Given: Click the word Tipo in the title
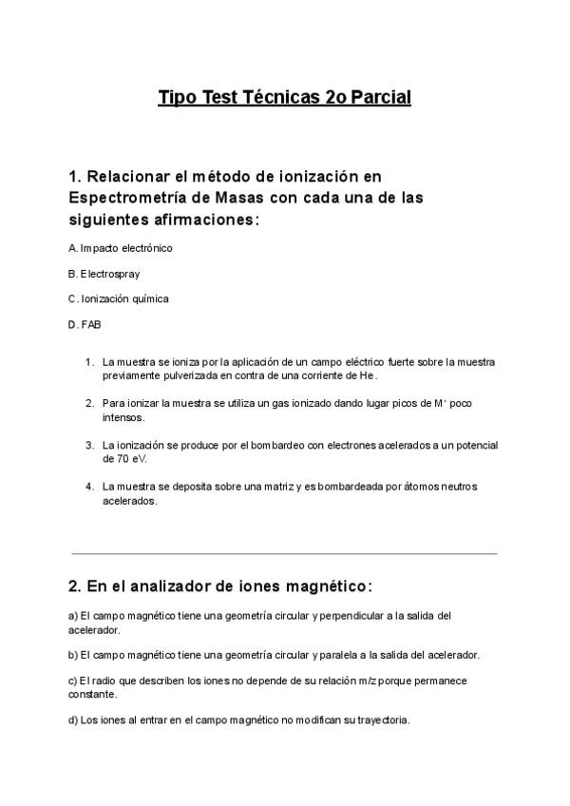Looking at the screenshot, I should click(178, 97).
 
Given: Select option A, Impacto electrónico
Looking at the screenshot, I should click(121, 248).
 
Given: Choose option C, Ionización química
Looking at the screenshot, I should click(119, 299).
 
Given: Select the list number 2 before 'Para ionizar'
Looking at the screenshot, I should click(89, 403).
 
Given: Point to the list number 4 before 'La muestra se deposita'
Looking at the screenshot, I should click(89, 487).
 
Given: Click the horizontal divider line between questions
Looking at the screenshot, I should click(284, 553).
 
